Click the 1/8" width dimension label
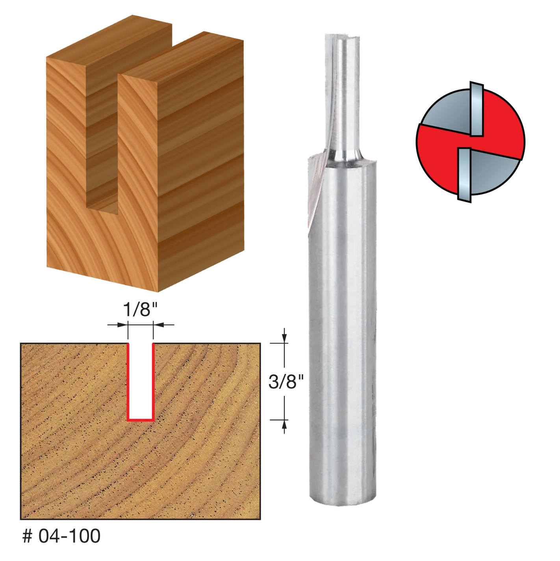[x=140, y=309]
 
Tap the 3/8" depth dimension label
[x=286, y=382]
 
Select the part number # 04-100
[x=61, y=536]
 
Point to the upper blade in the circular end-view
[x=477, y=110]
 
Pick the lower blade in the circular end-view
[x=465, y=175]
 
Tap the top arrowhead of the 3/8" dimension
[x=284, y=338]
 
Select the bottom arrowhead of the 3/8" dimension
[x=284, y=424]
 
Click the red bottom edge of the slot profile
[x=140, y=420]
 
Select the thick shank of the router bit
[x=342, y=335]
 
